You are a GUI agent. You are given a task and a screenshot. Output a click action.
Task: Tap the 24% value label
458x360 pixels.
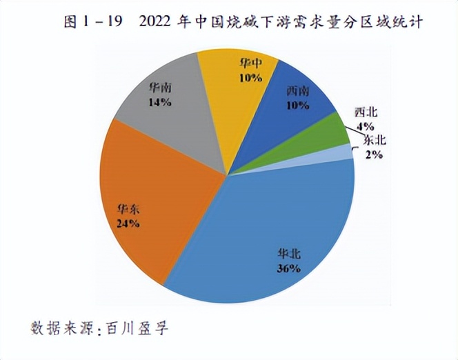128,223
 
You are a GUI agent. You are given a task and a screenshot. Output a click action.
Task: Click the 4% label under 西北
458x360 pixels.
365,126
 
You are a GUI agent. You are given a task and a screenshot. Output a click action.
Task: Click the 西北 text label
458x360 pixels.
366,112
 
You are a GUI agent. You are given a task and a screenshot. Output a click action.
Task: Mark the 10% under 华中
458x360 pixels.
251,77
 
